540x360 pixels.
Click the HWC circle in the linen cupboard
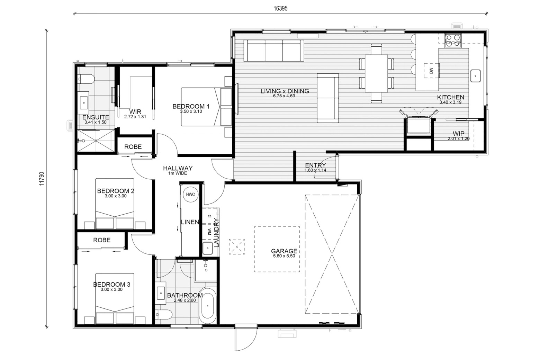tap(190, 194)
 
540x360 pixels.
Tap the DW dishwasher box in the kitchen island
tap(432, 70)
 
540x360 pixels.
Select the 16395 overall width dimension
tap(280, 9)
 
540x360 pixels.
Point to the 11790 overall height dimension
tap(42, 179)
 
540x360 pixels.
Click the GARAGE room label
tap(284, 251)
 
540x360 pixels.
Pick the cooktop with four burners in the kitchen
tap(453, 40)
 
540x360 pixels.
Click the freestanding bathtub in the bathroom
tap(208, 306)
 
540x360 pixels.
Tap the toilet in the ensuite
tap(86, 79)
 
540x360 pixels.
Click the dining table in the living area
tap(376, 73)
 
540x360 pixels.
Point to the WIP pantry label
tap(459, 133)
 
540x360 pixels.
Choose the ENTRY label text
tap(315, 165)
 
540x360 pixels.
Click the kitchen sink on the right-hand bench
tap(475, 76)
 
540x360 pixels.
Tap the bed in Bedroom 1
tap(206, 107)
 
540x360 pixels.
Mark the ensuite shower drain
tap(96, 141)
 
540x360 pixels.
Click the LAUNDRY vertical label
tap(216, 233)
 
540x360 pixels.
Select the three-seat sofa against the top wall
tap(273, 51)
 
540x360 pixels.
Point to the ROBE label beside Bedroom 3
tap(102, 240)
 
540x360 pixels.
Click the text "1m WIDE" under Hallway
tap(178, 173)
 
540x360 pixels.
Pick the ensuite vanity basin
tap(84, 103)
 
